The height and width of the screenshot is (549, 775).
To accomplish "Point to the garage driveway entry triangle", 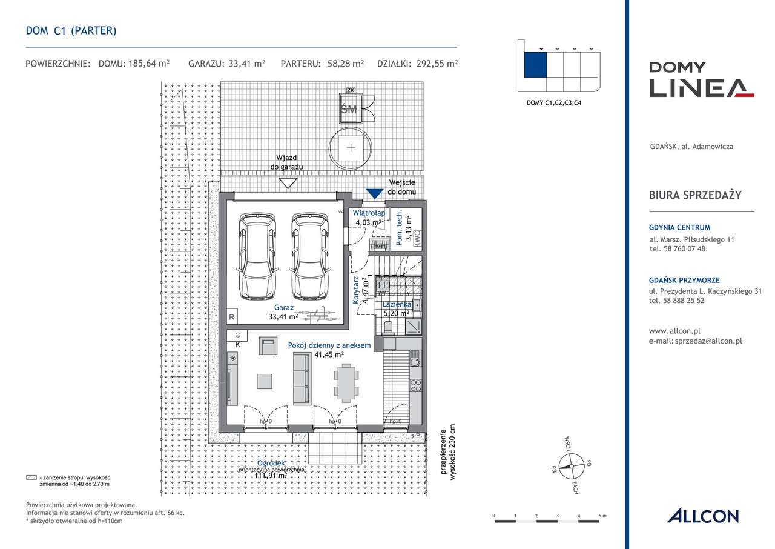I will (x=288, y=182).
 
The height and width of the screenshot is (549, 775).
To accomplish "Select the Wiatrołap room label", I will (x=369, y=213).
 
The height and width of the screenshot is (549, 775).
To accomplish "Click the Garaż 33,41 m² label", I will (x=283, y=311).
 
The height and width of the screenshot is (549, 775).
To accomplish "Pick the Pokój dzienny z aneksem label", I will (x=320, y=345).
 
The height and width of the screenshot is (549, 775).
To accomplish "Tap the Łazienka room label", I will (x=397, y=304).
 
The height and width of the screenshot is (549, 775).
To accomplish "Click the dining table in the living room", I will (x=346, y=383).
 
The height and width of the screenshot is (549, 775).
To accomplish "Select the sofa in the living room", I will (x=299, y=379).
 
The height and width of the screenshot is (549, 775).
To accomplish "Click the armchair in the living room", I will (x=268, y=346).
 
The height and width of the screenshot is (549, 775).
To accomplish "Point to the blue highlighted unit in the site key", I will (x=535, y=65).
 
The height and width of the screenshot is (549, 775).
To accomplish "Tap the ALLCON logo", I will (x=702, y=516).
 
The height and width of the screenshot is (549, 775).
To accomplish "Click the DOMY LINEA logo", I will (x=701, y=79).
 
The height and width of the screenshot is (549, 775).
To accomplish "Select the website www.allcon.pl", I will (x=674, y=331).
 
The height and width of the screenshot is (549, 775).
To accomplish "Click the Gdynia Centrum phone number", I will (x=677, y=248).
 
